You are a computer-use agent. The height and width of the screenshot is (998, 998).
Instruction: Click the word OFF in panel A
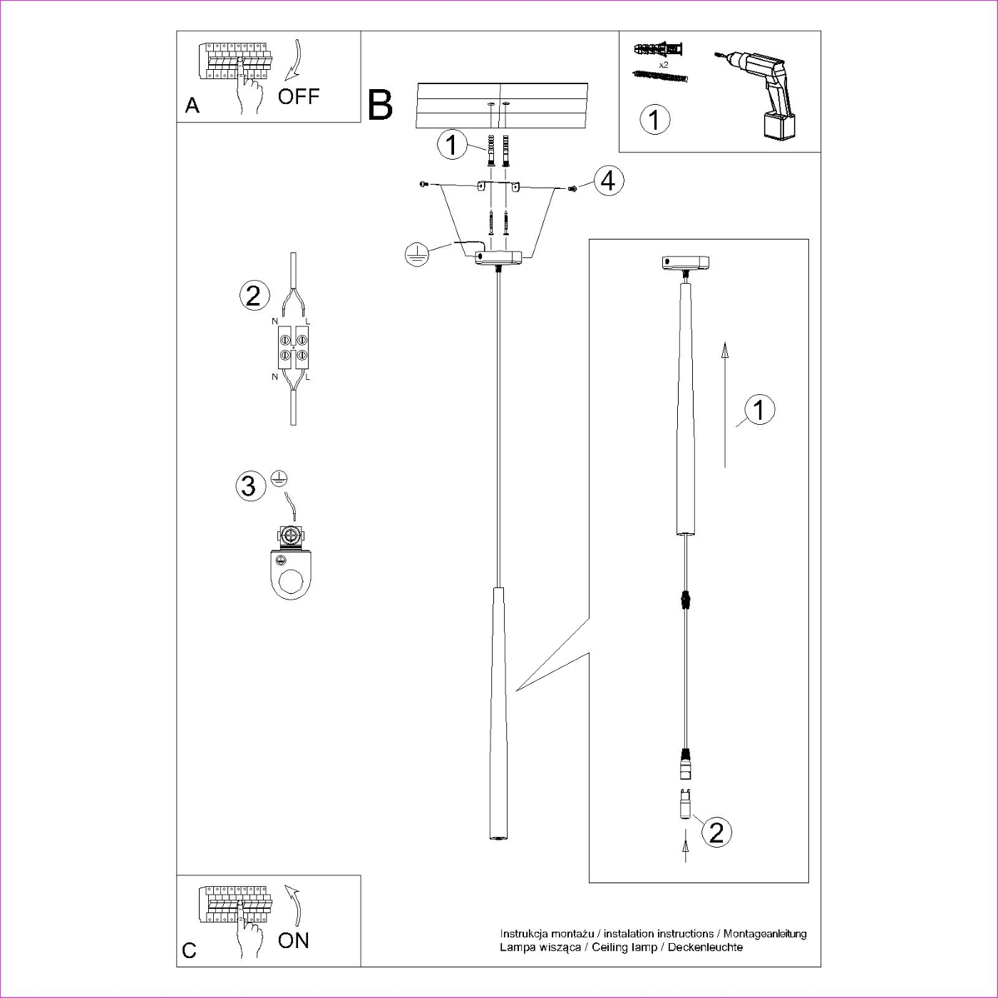pos(299,96)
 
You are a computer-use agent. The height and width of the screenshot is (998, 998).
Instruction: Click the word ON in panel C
pos(294,940)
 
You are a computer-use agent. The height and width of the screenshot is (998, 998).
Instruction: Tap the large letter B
pos(381,105)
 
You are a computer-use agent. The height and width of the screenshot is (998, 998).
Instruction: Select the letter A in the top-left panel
pos(192,106)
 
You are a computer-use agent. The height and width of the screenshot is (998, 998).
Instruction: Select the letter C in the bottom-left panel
pos(190,950)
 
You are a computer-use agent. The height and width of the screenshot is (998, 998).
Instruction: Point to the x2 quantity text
pos(664,64)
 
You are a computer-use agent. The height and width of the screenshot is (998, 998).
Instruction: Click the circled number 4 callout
pos(607,180)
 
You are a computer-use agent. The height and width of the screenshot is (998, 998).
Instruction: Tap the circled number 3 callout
pos(249,486)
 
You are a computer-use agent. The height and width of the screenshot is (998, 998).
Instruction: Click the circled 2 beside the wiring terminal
pos(254,295)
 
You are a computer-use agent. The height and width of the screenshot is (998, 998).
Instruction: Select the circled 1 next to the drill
pos(654,119)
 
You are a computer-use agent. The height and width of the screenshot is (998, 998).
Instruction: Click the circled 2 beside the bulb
pos(716,832)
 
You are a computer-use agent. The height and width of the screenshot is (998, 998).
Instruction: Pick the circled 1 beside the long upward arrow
pos(759,410)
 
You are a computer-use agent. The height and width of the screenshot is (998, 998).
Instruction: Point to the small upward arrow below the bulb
pos(686,850)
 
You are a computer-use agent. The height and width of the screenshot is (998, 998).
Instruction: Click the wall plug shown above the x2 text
pos(659,50)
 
